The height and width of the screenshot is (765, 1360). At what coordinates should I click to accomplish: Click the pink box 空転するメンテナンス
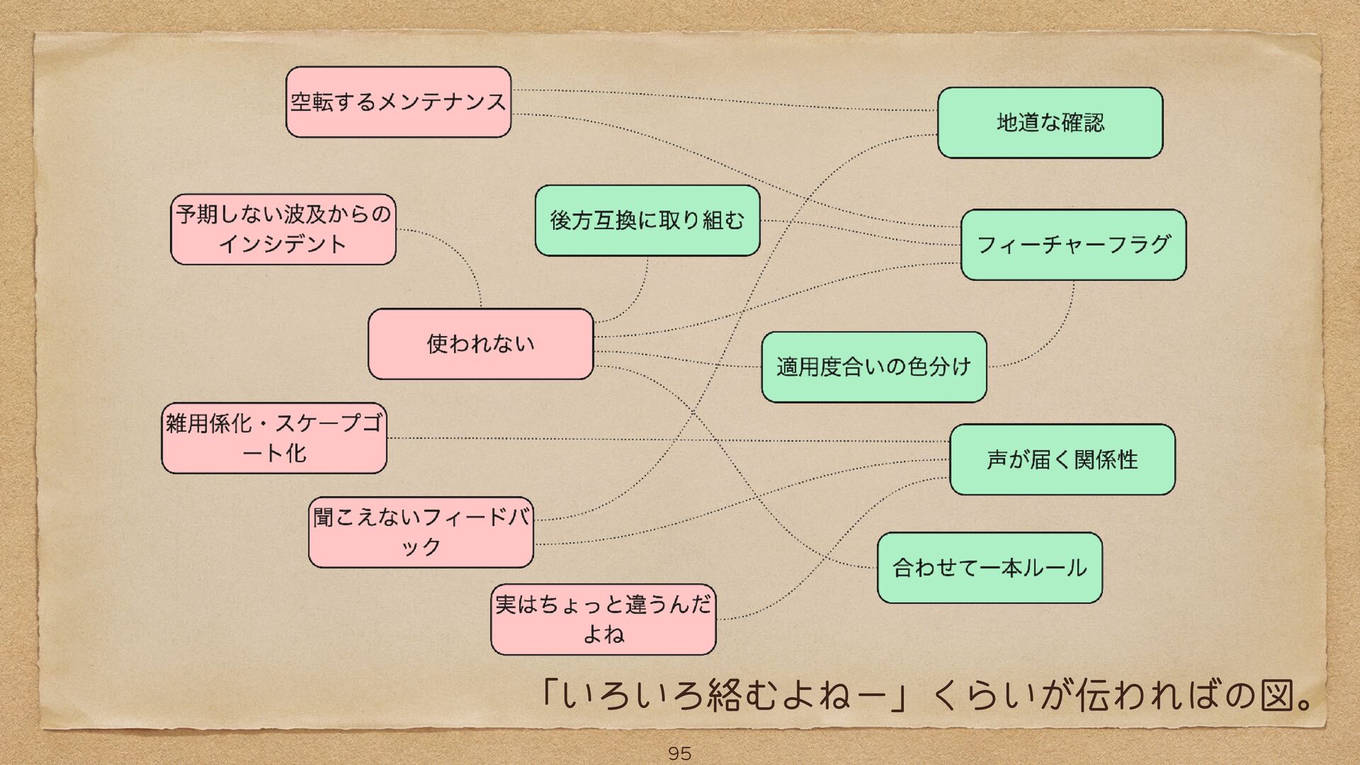[398, 102]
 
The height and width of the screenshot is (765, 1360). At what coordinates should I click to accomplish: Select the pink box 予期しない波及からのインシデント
[283, 229]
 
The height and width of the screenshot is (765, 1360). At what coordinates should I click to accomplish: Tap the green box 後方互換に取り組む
[647, 220]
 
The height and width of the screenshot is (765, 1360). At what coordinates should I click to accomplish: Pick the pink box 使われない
[480, 344]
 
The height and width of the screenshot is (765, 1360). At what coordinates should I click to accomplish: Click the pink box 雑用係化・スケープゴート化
[274, 438]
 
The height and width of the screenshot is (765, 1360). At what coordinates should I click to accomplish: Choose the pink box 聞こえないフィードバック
[421, 532]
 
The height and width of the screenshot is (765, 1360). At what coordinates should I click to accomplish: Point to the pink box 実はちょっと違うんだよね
[603, 619]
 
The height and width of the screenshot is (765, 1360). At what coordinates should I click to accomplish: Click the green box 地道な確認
[1050, 123]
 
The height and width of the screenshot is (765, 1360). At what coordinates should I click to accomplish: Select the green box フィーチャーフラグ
[1073, 244]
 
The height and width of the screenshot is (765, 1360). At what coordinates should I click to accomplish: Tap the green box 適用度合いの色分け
[873, 367]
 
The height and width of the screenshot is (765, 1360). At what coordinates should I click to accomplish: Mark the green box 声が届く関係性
[1062, 459]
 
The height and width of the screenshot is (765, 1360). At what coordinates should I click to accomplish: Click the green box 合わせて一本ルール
[990, 567]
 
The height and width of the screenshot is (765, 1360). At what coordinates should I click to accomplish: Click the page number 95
[679, 753]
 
